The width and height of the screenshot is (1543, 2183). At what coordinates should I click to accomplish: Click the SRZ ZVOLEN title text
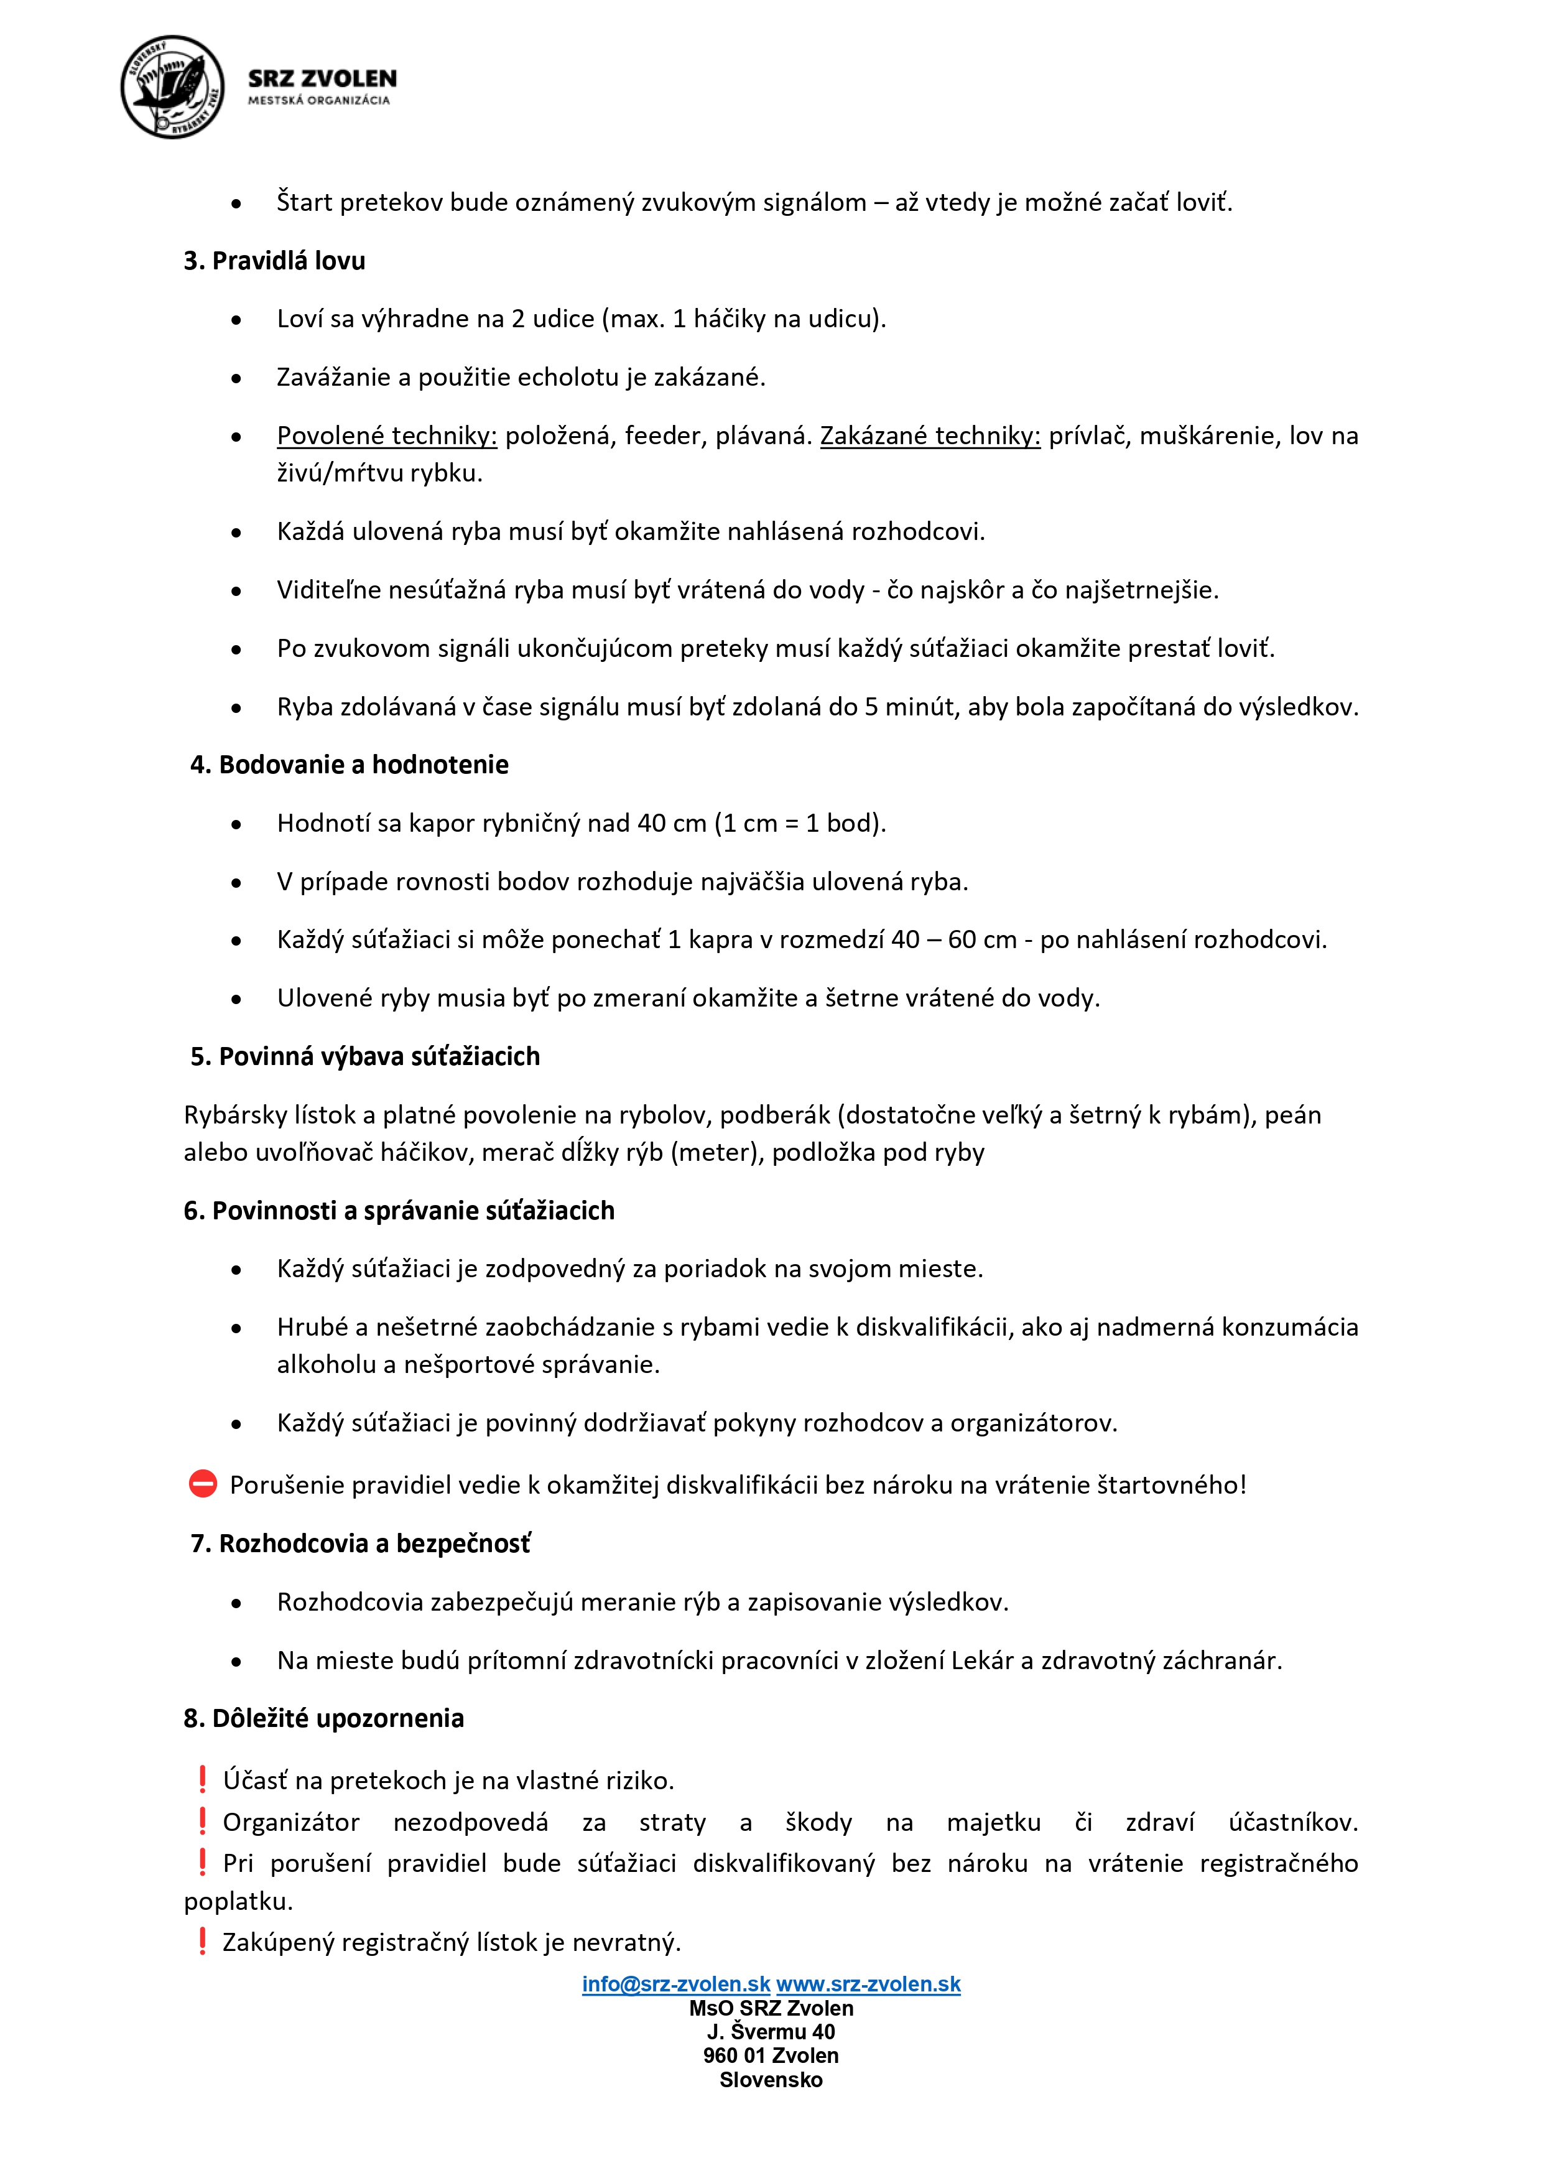point(322,79)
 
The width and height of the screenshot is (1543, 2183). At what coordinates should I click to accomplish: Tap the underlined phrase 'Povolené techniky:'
point(387,435)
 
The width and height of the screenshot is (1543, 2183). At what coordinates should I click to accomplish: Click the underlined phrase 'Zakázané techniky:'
point(930,435)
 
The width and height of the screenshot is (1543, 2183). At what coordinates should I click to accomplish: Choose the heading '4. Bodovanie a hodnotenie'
point(349,765)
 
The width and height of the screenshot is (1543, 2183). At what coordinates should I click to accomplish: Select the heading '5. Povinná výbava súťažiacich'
point(365,1056)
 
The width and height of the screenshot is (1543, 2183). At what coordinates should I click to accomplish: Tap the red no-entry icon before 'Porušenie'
point(203,1484)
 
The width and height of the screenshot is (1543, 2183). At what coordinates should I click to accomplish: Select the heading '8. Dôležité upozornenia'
point(323,1718)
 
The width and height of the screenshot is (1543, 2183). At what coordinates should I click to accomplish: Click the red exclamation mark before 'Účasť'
point(203,1779)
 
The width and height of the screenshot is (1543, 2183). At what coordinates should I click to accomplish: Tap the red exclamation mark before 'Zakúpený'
point(203,1940)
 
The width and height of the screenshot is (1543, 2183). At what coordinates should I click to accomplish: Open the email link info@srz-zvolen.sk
point(676,1985)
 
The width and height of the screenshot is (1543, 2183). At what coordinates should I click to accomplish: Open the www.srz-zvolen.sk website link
point(868,1985)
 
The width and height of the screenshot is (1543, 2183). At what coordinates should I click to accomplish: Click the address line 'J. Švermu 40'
point(771,2032)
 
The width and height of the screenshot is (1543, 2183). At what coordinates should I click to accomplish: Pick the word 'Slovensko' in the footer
point(771,2079)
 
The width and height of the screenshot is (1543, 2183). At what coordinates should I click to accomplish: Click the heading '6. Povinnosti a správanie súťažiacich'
point(399,1211)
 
